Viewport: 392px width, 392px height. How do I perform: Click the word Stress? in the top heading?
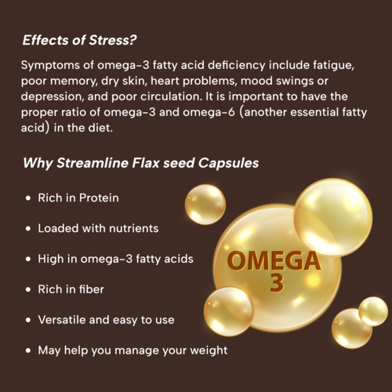pyautogui.click(x=118, y=40)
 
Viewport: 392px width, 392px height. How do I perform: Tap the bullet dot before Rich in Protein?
pyautogui.click(x=29, y=198)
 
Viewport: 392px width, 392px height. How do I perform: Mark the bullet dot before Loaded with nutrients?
pyautogui.click(x=29, y=229)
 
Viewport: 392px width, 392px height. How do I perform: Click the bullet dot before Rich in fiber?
pyautogui.click(x=29, y=289)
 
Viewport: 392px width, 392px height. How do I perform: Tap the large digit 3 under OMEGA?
pyautogui.click(x=276, y=283)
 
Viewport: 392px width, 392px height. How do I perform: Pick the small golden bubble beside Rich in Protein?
pyautogui.click(x=205, y=204)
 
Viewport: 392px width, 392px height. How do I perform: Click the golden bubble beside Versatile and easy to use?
pyautogui.click(x=228, y=310)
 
